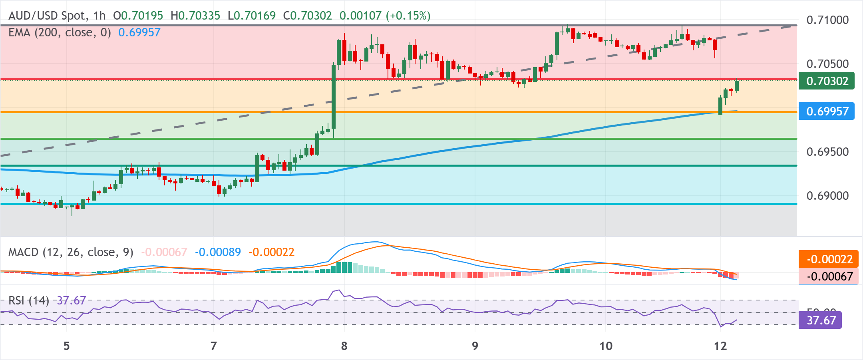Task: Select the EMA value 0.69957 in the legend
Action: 139,32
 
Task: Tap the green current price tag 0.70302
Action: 826,81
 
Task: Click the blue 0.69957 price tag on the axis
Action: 826,111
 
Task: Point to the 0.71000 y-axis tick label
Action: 827,20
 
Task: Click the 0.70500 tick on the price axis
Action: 827,64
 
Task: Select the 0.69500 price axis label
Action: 827,152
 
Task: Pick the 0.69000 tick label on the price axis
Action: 827,196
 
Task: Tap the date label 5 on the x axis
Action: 67,346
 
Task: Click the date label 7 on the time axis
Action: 214,346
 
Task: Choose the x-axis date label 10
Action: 606,346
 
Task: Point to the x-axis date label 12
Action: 720,346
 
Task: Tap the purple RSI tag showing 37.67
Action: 821,320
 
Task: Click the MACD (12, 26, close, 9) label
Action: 71,252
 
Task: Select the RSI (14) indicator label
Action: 28,300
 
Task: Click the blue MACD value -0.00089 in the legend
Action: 218,252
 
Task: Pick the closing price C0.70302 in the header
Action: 307,16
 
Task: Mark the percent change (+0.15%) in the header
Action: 408,16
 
